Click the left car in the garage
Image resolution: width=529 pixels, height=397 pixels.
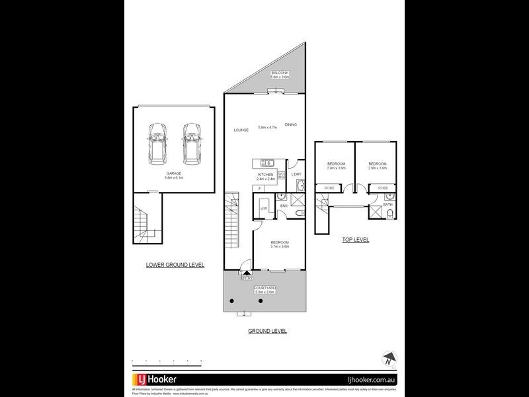pyautogui.click(x=158, y=144)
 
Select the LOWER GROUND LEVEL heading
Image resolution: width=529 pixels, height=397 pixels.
pyautogui.click(x=175, y=265)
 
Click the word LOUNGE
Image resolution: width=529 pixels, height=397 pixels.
pyautogui.click(x=241, y=130)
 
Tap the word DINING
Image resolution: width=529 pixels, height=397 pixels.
pyautogui.click(x=291, y=125)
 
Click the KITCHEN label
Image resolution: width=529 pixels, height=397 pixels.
pyautogui.click(x=265, y=175)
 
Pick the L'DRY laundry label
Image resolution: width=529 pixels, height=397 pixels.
pyautogui.click(x=296, y=175)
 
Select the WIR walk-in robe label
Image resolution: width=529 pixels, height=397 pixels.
pyautogui.click(x=263, y=208)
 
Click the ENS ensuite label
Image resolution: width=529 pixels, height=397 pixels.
pyautogui.click(x=283, y=206)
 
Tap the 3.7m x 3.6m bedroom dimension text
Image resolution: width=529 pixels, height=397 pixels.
pyautogui.click(x=280, y=247)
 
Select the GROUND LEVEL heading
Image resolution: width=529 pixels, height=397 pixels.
pyautogui.click(x=267, y=331)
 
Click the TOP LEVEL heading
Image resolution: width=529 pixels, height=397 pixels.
pyautogui.click(x=355, y=240)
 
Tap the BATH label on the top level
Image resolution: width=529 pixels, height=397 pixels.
pyautogui.click(x=387, y=204)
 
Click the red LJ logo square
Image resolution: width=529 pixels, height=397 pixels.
pyautogui.click(x=142, y=380)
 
